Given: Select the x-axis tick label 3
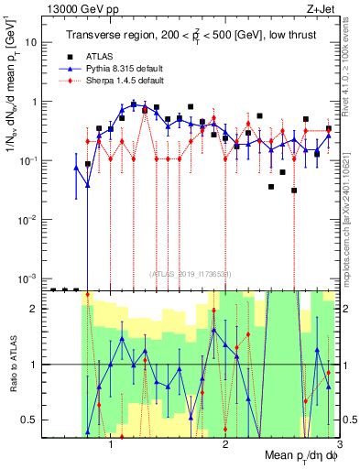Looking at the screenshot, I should point(339,444).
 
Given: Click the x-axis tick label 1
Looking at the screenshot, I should point(111,444).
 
